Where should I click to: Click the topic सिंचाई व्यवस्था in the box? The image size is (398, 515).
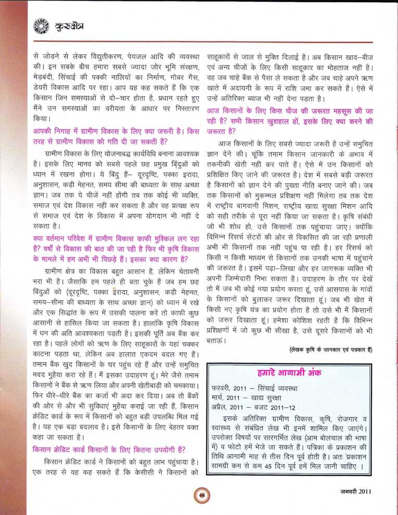click(280, 388)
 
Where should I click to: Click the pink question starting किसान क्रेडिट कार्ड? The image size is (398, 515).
click(110, 449)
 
